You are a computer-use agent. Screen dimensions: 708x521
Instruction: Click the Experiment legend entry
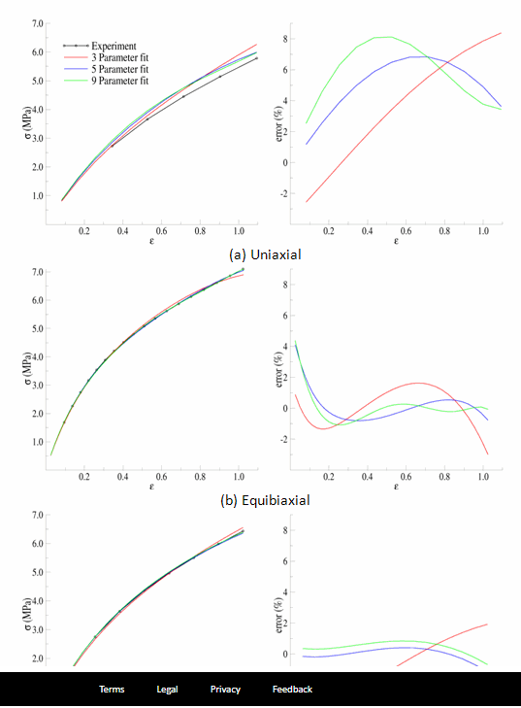113,46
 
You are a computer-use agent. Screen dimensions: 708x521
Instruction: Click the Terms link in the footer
112,689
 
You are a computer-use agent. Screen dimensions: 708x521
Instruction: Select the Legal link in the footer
167,689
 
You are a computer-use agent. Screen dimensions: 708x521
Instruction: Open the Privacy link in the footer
225,689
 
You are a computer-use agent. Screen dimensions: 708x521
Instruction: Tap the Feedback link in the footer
292,689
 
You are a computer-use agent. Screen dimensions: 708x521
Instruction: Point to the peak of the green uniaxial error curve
387,37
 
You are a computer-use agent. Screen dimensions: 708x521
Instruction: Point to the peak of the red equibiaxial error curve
417,383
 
